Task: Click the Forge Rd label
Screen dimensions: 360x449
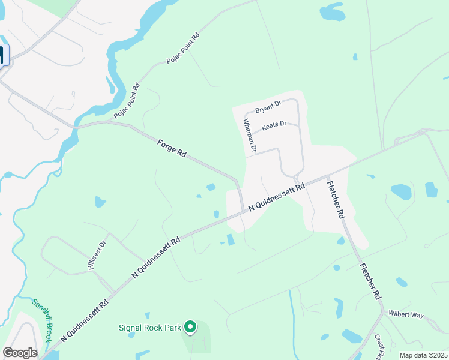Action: click(x=172, y=148)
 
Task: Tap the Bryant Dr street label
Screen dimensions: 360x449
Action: click(x=268, y=107)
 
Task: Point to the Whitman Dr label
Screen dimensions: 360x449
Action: click(x=250, y=135)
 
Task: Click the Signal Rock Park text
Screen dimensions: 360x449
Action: click(x=149, y=328)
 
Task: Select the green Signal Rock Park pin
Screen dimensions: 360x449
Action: click(x=190, y=327)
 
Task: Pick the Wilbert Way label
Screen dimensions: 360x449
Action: click(x=406, y=314)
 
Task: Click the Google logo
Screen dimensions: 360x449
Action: click(x=20, y=353)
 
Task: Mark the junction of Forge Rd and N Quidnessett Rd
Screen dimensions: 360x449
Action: click(x=242, y=210)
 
